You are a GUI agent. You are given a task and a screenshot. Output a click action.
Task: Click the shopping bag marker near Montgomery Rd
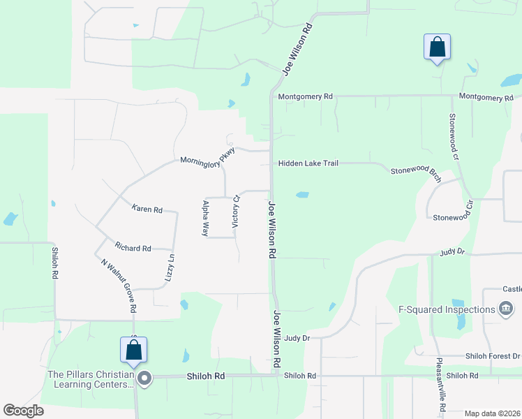[x=437, y=47]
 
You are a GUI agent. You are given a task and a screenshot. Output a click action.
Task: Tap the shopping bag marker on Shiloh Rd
[x=133, y=350]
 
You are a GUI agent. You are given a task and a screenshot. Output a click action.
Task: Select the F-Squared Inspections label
[x=446, y=309]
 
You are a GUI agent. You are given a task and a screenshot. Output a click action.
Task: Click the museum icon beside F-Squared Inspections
[x=506, y=309]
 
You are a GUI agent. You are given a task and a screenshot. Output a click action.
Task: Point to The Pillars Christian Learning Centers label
[x=90, y=379]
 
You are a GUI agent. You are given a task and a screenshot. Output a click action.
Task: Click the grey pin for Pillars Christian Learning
[x=144, y=379]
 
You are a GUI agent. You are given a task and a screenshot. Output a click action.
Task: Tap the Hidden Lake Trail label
[x=308, y=163]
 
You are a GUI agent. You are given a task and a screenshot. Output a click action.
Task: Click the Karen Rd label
[x=147, y=209]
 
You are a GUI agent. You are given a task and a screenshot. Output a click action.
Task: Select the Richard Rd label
[x=133, y=248]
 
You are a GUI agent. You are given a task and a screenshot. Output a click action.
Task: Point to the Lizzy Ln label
[x=170, y=267]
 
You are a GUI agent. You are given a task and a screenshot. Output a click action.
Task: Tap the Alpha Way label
[x=206, y=218]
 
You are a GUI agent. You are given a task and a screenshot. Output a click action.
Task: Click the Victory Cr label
[x=236, y=210]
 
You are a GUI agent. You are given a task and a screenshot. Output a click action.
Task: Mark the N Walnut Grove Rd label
[x=118, y=285]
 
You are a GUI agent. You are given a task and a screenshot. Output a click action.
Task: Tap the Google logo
[x=23, y=411]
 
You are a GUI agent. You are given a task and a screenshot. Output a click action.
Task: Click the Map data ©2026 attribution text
[x=493, y=413]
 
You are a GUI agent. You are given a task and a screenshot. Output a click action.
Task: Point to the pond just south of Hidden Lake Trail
[x=303, y=195]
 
